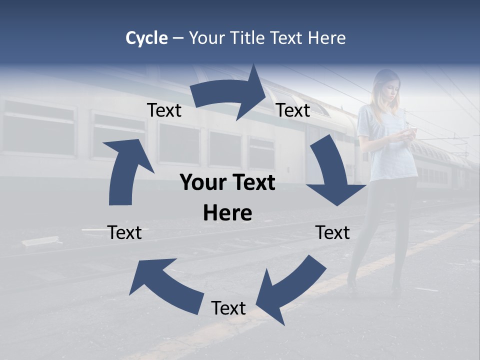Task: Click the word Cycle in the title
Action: click(146, 38)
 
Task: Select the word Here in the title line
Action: click(326, 38)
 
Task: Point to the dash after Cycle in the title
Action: click(178, 38)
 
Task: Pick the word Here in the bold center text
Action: click(227, 213)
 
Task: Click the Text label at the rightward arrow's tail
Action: click(164, 110)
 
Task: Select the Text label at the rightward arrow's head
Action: click(293, 110)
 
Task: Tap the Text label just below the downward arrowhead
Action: click(332, 232)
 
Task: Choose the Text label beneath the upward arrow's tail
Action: click(124, 232)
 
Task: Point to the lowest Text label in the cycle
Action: click(228, 308)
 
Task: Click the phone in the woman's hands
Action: click(409, 132)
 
